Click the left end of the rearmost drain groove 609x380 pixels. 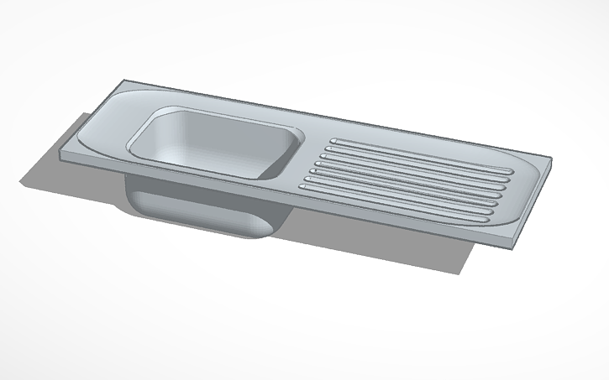coord(334,139)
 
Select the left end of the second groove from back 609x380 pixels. coord(328,147)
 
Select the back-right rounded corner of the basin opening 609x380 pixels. coord(294,130)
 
